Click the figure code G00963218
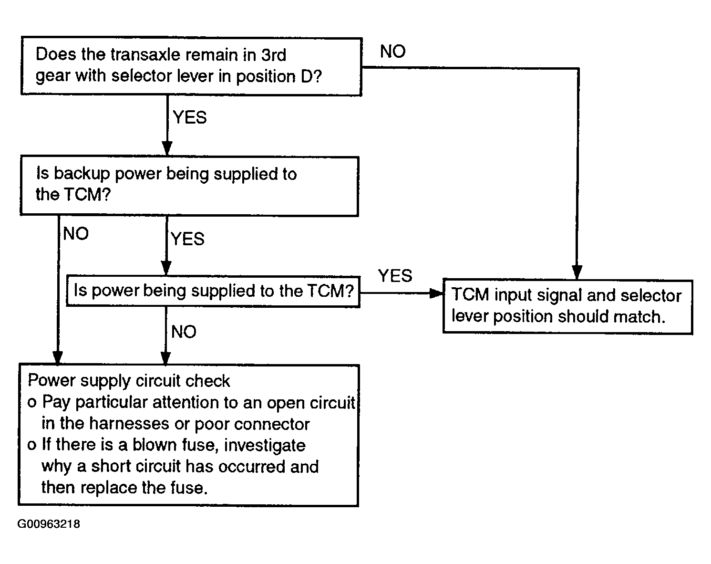click(49, 524)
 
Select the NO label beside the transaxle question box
click(392, 51)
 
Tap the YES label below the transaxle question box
click(190, 117)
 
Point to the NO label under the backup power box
click(76, 233)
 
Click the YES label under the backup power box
click(188, 239)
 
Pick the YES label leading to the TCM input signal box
click(395, 275)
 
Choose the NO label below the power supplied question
click(184, 331)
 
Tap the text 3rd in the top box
click(274, 54)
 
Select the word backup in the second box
click(82, 174)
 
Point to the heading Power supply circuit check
click(129, 381)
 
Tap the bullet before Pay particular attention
click(32, 403)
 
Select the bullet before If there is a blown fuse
click(32, 445)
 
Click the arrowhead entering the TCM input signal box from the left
click(436, 293)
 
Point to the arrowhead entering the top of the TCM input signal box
click(577, 272)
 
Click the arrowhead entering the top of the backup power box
click(167, 148)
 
